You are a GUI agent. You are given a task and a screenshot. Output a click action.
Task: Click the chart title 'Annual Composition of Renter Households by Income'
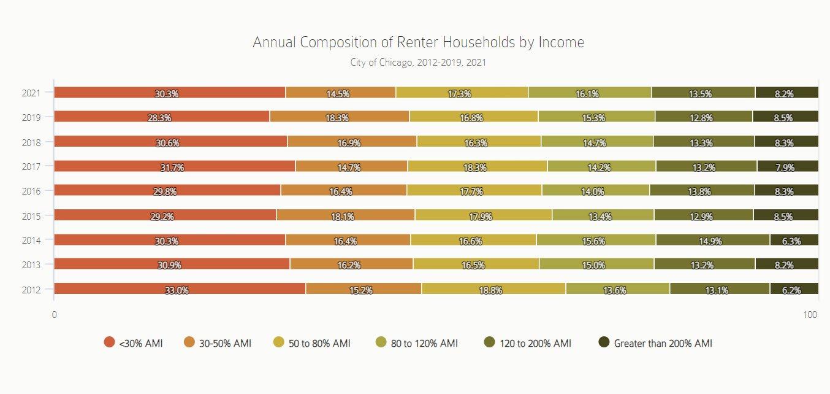click(x=418, y=42)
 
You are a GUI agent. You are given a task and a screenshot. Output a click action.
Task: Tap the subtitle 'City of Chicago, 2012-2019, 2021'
click(x=418, y=62)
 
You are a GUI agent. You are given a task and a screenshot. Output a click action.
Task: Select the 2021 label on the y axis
click(x=31, y=93)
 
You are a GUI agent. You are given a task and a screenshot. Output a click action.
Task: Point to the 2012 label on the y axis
click(x=31, y=290)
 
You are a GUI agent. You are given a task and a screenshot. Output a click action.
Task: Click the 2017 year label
click(x=31, y=167)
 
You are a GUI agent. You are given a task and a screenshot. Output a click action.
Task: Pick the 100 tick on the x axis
click(x=810, y=315)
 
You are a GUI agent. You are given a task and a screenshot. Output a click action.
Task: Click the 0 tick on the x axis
click(x=55, y=315)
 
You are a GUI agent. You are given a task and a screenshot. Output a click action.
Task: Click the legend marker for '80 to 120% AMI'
click(x=381, y=342)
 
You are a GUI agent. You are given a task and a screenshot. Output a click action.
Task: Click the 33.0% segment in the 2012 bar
click(x=180, y=289)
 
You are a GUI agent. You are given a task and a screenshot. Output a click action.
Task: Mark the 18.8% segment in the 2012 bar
click(x=493, y=289)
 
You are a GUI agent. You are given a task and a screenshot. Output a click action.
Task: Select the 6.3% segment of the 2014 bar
click(x=794, y=240)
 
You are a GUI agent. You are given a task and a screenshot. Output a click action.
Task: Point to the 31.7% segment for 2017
click(x=175, y=166)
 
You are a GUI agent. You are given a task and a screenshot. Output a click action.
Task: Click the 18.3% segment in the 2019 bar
click(x=339, y=117)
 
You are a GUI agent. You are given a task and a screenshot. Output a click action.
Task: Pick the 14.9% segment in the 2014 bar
click(x=712, y=240)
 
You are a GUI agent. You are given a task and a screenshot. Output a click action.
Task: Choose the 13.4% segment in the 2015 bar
click(x=603, y=215)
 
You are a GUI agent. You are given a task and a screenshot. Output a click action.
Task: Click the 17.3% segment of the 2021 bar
click(x=462, y=93)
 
